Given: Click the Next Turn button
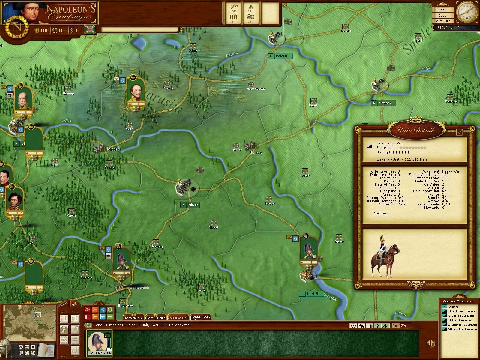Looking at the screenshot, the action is [442, 21].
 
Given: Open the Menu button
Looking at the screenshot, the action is [442, 10].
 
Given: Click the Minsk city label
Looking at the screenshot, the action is [193, 205].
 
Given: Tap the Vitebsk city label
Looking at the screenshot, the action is [385, 103].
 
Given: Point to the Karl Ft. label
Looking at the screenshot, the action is [313, 294].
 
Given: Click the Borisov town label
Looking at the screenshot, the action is [256, 152].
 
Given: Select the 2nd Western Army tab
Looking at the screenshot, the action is [133, 318].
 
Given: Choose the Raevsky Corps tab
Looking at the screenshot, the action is [155, 318].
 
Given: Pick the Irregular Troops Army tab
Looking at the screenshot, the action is [200, 317].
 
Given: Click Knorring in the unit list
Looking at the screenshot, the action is [453, 307].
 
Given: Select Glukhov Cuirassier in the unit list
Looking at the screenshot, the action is [460, 320].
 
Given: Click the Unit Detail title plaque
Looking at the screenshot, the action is [415, 130].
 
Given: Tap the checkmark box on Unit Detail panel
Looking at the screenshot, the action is [459, 132].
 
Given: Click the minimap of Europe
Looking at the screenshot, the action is [29, 319].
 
